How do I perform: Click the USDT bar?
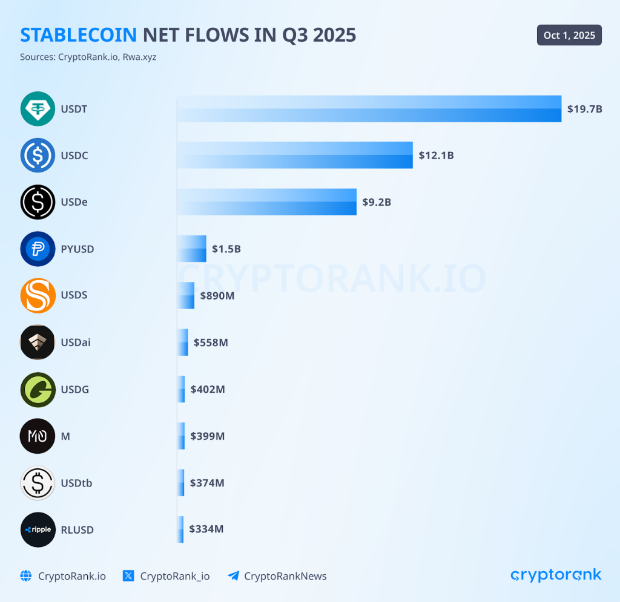pyautogui.click(x=369, y=109)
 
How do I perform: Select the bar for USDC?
pyautogui.click(x=295, y=155)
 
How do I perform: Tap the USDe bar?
pyautogui.click(x=266, y=201)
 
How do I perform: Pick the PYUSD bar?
pyautogui.click(x=191, y=249)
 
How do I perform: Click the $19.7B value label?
pyautogui.click(x=584, y=109)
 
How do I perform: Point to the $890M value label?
pyautogui.click(x=217, y=295)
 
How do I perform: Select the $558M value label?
pyautogui.click(x=211, y=342)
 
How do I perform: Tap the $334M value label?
pyautogui.click(x=206, y=529)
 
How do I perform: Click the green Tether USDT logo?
pyautogui.click(x=38, y=109)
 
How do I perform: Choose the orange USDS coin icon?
pyautogui.click(x=38, y=295)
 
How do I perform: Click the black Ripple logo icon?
pyautogui.click(x=38, y=529)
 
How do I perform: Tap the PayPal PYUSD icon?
pyautogui.click(x=38, y=249)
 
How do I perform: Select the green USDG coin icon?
pyautogui.click(x=38, y=389)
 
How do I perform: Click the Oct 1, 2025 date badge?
pyautogui.click(x=569, y=35)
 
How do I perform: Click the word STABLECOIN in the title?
pyautogui.click(x=79, y=35)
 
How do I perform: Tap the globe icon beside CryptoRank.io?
pyautogui.click(x=25, y=576)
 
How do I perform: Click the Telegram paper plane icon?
pyautogui.click(x=233, y=576)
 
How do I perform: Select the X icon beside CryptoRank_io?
pyautogui.click(x=128, y=576)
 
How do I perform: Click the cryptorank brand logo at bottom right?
pyautogui.click(x=556, y=575)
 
